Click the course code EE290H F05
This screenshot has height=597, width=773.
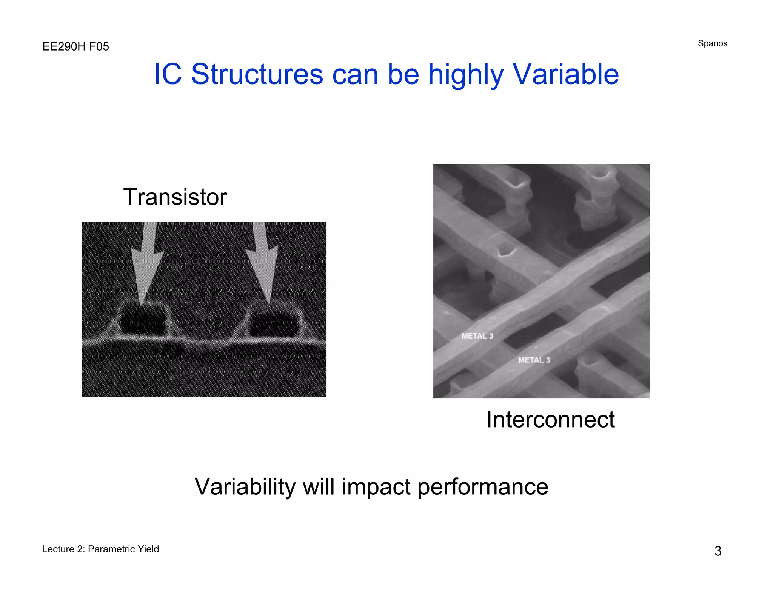(75, 47)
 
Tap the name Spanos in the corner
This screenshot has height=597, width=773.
(712, 43)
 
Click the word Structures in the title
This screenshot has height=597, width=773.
(257, 74)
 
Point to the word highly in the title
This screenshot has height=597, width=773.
(466, 74)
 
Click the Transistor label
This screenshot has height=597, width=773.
(175, 197)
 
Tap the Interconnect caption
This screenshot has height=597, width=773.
(550, 419)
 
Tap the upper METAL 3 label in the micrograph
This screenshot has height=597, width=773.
(477, 336)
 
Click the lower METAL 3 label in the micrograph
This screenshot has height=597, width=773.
(534, 360)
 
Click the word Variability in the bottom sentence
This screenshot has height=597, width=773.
(245, 487)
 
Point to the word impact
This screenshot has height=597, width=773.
(376, 487)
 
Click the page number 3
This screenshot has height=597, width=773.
(718, 551)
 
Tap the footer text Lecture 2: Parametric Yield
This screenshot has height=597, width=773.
(100, 549)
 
